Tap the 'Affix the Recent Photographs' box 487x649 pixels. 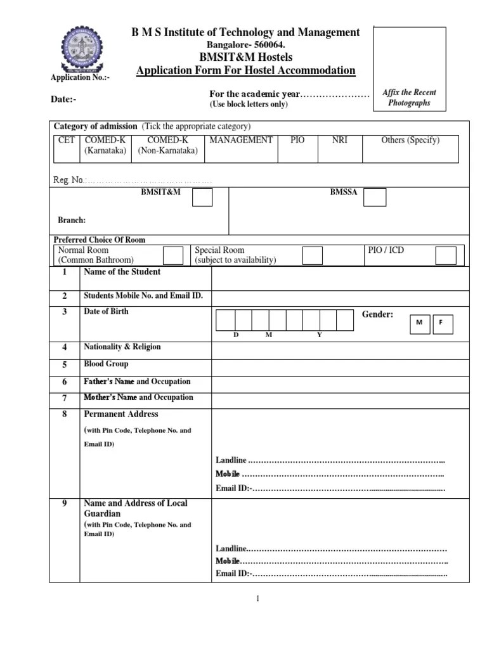409,75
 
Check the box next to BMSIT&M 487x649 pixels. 202,198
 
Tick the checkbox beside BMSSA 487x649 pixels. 375,198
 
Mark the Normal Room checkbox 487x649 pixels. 172,255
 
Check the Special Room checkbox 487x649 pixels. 312,255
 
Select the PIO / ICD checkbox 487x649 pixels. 445,255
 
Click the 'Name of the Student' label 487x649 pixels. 122,272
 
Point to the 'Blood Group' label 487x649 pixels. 106,364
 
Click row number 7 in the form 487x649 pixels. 65,399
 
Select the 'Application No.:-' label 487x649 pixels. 80,77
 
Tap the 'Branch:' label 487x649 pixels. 72,221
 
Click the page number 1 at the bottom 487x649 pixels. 258,599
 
